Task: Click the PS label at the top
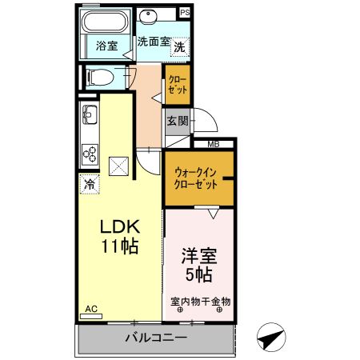tap(185, 12)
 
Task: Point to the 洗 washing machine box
tap(181, 47)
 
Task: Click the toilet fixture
tap(99, 78)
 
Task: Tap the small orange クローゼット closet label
tap(177, 85)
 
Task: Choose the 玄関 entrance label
tap(178, 122)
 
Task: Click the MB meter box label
tap(213, 144)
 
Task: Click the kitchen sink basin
tap(88, 118)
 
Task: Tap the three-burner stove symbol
tap(88, 154)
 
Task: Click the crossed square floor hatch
tap(121, 164)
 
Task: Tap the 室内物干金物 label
tap(200, 302)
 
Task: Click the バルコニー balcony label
tap(156, 338)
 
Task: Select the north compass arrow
tap(273, 338)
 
